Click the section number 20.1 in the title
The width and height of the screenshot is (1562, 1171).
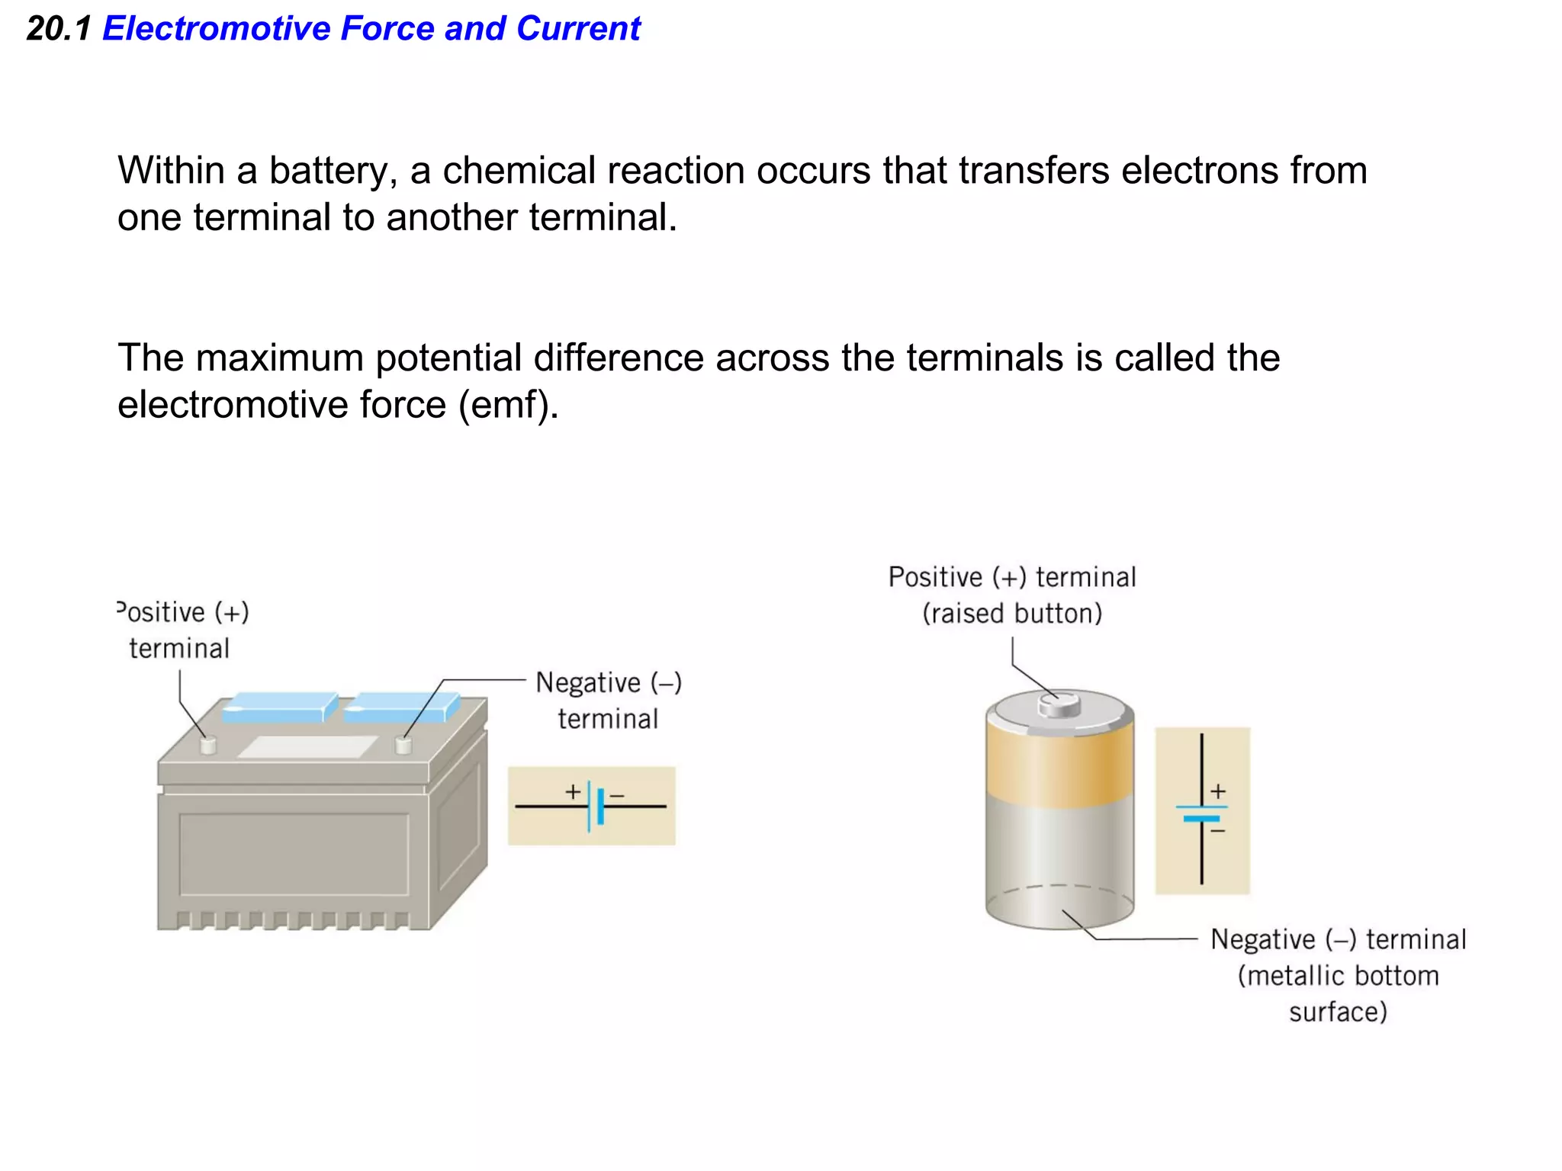pyautogui.click(x=58, y=29)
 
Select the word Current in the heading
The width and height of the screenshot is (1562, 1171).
pyautogui.click(x=578, y=29)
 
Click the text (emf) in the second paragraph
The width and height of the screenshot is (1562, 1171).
pyautogui.click(x=508, y=405)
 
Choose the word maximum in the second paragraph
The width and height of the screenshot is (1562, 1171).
pyautogui.click(x=279, y=358)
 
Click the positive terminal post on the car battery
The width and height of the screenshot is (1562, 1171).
pyautogui.click(x=207, y=745)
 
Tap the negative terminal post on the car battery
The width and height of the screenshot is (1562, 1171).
pyautogui.click(x=403, y=745)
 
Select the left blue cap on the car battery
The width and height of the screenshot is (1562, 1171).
pyautogui.click(x=279, y=707)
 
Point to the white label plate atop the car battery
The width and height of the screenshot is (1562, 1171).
pyautogui.click(x=307, y=746)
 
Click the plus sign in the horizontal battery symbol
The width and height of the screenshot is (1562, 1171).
pyautogui.click(x=573, y=792)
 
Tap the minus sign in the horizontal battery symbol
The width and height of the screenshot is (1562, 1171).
pyautogui.click(x=618, y=796)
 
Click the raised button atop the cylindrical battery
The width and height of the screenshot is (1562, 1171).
pyautogui.click(x=1059, y=704)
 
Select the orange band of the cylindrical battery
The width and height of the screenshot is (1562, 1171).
pyautogui.click(x=1059, y=766)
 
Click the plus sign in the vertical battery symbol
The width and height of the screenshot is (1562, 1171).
pyautogui.click(x=1218, y=791)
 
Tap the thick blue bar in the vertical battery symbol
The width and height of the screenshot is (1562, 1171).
pyautogui.click(x=1201, y=819)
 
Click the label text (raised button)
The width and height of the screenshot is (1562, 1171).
pyautogui.click(x=1012, y=614)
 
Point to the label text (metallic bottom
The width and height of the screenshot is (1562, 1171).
pyautogui.click(x=1338, y=977)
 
